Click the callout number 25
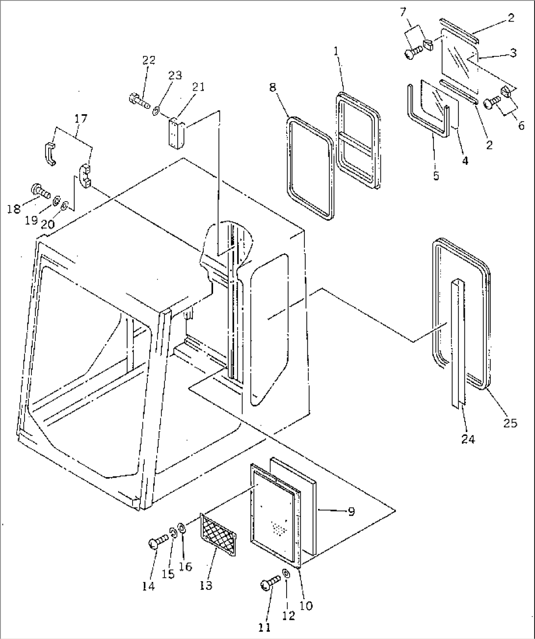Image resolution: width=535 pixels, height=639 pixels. point(510,423)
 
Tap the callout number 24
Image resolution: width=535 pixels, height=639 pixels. point(468,439)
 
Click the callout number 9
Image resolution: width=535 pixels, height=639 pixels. point(351,511)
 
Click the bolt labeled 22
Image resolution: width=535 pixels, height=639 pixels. point(139,102)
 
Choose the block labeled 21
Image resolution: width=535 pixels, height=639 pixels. point(177,133)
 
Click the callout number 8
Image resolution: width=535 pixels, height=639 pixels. point(272,88)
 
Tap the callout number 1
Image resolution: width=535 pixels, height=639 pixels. point(336,51)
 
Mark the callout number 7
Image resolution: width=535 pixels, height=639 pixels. point(403,13)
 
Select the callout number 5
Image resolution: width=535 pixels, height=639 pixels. point(436,176)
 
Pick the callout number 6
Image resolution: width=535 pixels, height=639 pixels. point(521,125)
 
